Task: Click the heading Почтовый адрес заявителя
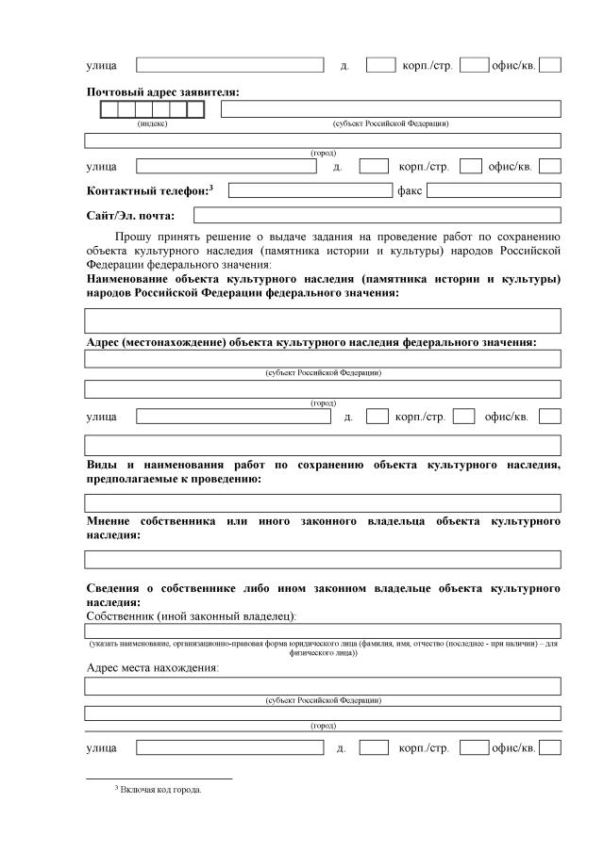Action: click(x=162, y=91)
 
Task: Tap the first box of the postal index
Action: click(x=109, y=109)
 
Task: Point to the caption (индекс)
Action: click(x=152, y=124)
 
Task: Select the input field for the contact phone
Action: click(x=310, y=190)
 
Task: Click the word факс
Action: click(x=410, y=190)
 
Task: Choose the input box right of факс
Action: click(x=493, y=190)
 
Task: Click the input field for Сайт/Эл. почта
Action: click(x=377, y=216)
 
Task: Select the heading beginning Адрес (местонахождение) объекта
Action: click(x=311, y=342)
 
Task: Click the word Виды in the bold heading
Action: click(x=101, y=465)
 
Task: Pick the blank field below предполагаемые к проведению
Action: click(x=323, y=503)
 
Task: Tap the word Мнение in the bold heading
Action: click(x=107, y=521)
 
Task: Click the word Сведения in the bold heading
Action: click(x=117, y=588)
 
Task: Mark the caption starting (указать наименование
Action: click(x=323, y=647)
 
